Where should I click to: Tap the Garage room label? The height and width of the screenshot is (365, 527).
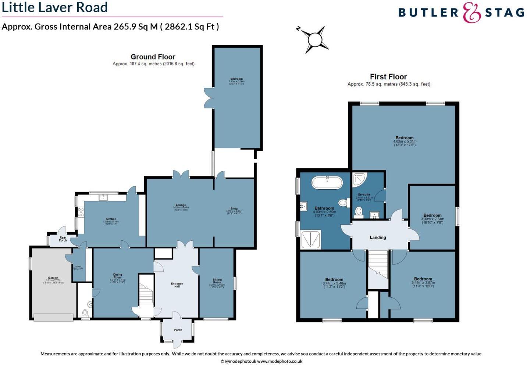53,278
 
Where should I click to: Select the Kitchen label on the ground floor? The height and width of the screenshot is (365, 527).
111,219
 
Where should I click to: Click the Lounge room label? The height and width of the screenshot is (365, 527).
181,205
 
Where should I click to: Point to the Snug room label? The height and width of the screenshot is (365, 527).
234,209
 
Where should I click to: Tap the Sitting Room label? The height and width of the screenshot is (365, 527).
217,281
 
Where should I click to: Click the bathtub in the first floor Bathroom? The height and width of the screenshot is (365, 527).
327,183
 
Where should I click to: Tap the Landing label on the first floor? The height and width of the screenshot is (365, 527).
378,237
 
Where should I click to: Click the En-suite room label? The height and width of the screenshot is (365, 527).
364,194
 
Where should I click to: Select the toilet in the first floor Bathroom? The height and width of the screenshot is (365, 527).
343,203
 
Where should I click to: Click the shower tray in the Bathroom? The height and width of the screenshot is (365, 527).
311,239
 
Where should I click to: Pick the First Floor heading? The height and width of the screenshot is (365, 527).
388,77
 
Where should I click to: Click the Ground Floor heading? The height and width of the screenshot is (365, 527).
153,57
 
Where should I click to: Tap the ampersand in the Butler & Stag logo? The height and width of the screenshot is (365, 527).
472,13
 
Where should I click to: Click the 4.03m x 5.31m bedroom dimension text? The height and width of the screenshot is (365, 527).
405,142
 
